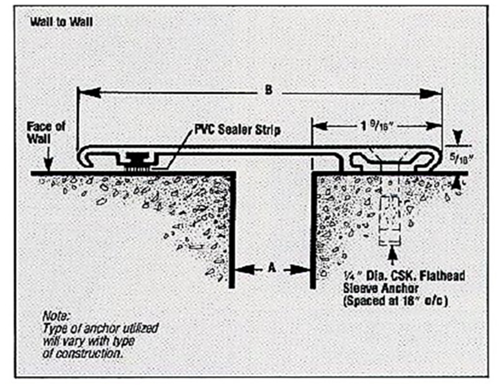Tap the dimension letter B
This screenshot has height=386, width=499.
coord(268,90)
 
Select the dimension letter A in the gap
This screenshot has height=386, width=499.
coord(271,269)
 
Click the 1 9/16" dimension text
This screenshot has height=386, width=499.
coord(375,125)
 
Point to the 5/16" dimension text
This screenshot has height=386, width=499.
coord(463,158)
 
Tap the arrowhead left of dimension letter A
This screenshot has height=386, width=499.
coord(242,269)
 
